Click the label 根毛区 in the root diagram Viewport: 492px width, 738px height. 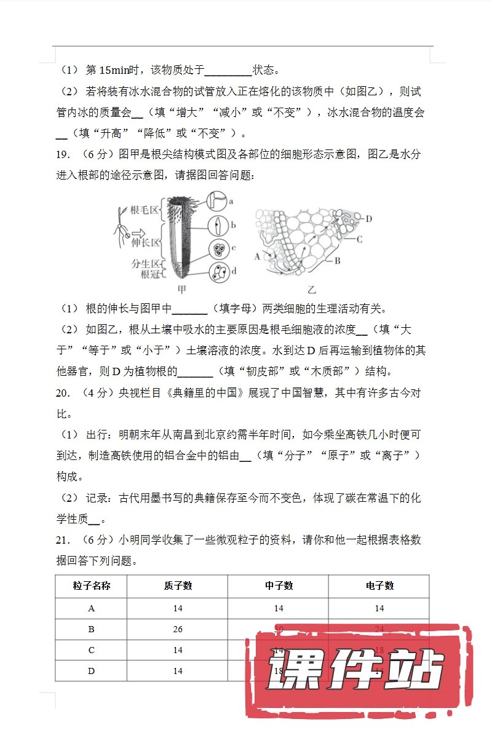tap(143, 210)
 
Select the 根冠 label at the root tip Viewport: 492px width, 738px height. tap(150, 274)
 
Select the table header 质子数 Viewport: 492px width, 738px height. tap(178, 585)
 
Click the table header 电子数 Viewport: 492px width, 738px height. tap(379, 585)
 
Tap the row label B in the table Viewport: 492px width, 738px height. tap(92, 629)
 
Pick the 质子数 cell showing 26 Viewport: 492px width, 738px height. tap(178, 629)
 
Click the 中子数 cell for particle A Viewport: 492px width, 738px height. tap(279, 608)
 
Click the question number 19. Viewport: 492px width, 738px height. tap(63, 153)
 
